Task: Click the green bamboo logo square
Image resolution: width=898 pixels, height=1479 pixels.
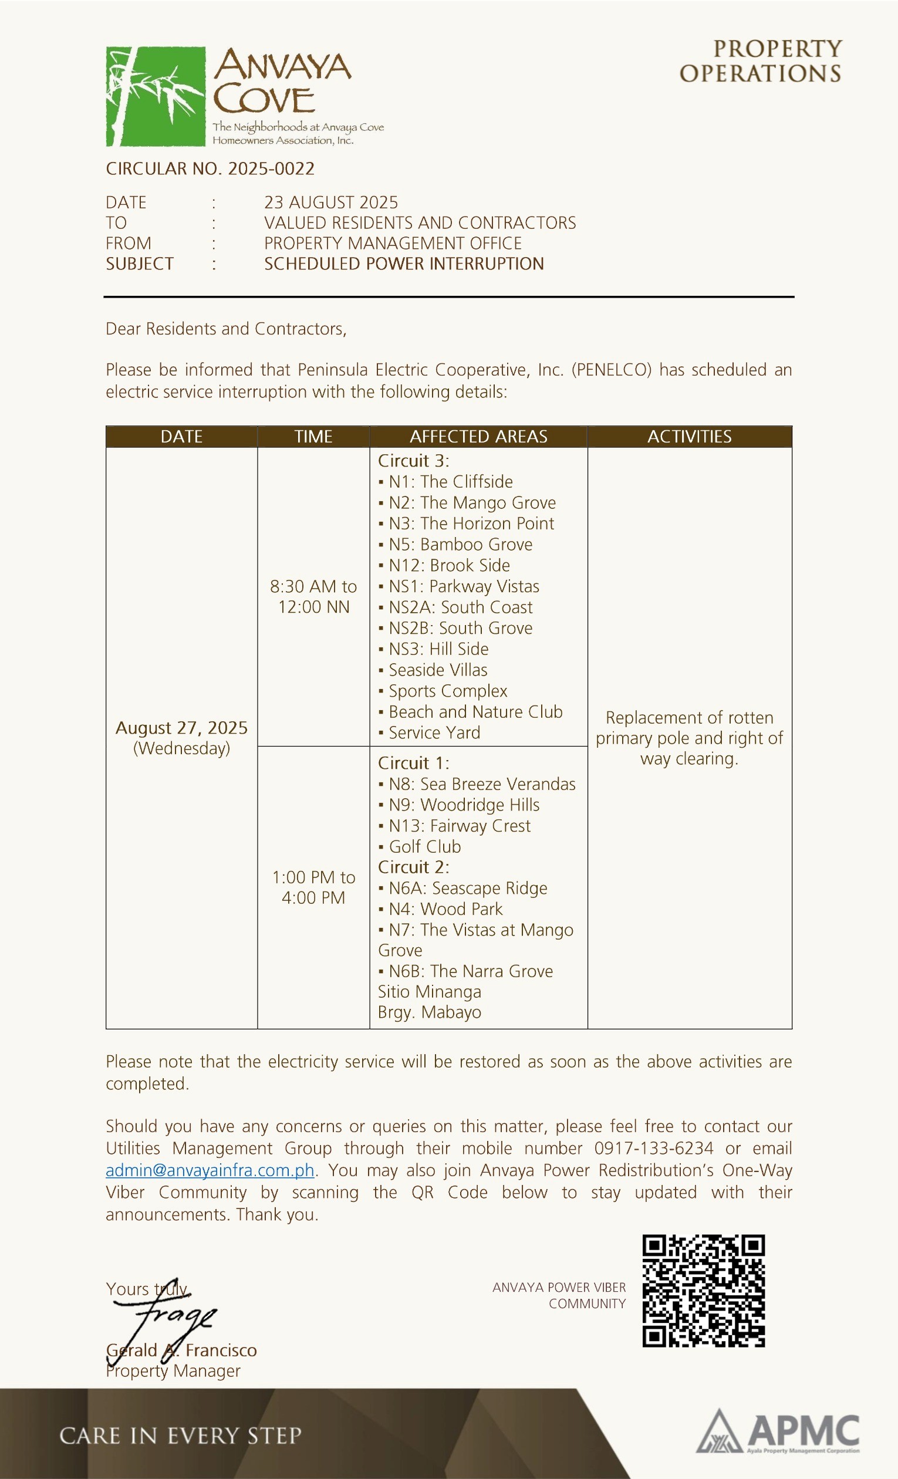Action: (x=156, y=96)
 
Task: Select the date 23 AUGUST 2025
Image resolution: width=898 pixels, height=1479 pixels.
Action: (x=331, y=202)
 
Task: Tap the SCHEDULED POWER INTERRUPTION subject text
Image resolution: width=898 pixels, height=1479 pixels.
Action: (x=404, y=264)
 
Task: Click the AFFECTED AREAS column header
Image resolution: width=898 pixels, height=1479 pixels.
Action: (x=478, y=437)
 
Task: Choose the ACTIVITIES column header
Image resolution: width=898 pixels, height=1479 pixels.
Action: (x=689, y=437)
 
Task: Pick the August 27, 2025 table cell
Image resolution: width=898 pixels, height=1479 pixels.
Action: (x=181, y=737)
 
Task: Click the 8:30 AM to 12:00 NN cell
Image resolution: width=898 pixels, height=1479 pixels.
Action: (x=313, y=596)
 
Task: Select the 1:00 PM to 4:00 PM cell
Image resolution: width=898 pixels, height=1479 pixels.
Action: (x=313, y=887)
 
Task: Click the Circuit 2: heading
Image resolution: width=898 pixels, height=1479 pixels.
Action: (x=413, y=867)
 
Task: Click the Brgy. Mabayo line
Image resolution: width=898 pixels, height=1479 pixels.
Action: (x=429, y=1012)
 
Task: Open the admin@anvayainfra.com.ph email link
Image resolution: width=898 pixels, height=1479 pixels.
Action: (x=210, y=1170)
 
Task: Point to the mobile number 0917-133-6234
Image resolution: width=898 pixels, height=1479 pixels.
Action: (x=654, y=1148)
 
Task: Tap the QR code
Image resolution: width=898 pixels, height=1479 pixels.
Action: (x=704, y=1291)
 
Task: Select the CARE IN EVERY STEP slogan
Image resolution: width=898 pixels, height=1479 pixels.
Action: (x=180, y=1436)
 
